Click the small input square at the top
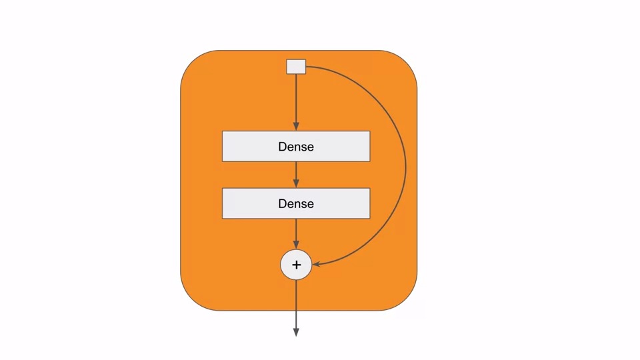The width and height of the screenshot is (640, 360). (x=296, y=67)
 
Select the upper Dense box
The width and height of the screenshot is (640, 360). (x=253, y=146)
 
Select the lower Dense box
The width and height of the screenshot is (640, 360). (x=253, y=203)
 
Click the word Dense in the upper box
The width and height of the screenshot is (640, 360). (x=296, y=147)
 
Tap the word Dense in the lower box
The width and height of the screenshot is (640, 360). (x=296, y=204)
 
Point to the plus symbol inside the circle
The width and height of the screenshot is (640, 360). (x=296, y=265)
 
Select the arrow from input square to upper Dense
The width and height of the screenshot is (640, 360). (x=296, y=100)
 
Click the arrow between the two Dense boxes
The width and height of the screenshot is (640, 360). (x=296, y=173)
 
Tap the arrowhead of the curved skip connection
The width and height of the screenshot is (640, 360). (x=317, y=265)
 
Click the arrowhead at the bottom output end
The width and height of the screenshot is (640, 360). (x=296, y=332)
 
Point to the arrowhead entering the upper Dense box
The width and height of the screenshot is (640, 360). (x=296, y=127)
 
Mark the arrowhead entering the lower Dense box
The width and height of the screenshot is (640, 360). (x=296, y=184)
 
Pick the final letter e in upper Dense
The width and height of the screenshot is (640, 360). (x=310, y=147)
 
